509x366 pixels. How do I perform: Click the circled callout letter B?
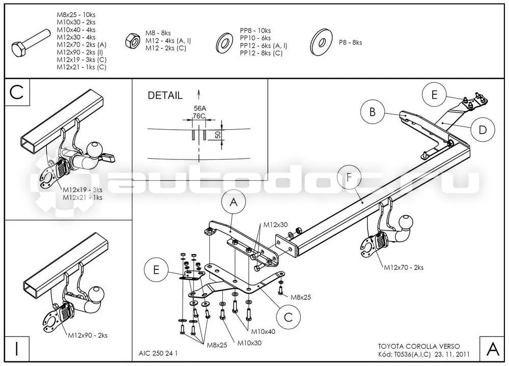click(373, 112)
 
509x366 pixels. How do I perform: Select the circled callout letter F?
click(349, 177)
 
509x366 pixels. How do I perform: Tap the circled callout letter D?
click(483, 130)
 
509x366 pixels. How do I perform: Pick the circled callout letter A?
click(234, 203)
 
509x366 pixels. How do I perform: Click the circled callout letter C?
click(289, 318)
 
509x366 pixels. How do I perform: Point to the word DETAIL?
click(165, 96)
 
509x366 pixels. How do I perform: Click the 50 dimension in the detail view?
click(218, 134)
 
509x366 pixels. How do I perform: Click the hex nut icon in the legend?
click(132, 41)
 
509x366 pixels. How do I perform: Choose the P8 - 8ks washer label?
click(350, 43)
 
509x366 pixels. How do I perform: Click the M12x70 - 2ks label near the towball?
click(404, 268)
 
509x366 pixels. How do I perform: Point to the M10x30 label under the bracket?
click(249, 343)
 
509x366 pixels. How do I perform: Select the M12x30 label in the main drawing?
click(275, 224)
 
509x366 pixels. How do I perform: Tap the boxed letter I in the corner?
click(17, 349)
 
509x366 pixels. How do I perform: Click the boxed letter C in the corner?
click(17, 92)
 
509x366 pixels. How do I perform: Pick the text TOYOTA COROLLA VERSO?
click(419, 347)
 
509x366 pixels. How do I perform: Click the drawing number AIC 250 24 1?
click(158, 353)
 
